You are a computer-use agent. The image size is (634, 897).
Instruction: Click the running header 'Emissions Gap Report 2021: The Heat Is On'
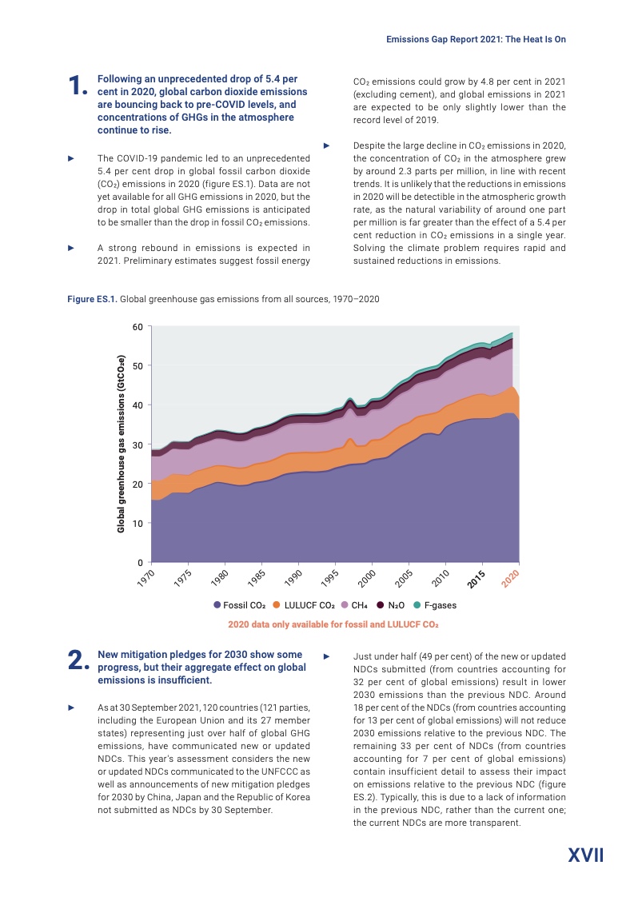coord(476,38)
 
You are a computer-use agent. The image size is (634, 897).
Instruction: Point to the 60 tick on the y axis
coord(137,327)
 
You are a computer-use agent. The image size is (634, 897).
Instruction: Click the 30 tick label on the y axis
coord(137,445)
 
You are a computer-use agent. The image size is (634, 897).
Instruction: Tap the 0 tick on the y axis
coord(140,562)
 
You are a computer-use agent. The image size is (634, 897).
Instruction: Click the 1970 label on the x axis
coord(144,579)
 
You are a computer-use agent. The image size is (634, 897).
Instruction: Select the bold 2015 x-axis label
coord(477,579)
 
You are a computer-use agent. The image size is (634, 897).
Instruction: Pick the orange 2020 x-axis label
coord(511,579)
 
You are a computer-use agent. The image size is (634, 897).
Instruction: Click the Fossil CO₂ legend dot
coord(217,605)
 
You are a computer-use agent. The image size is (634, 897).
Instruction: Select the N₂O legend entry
coord(396,605)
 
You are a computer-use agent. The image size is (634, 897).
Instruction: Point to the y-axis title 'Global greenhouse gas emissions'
coord(121,444)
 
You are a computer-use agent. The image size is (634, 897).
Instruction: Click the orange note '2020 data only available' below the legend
coord(333,624)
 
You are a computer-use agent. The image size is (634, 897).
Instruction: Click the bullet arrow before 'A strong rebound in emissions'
coord(71,248)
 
